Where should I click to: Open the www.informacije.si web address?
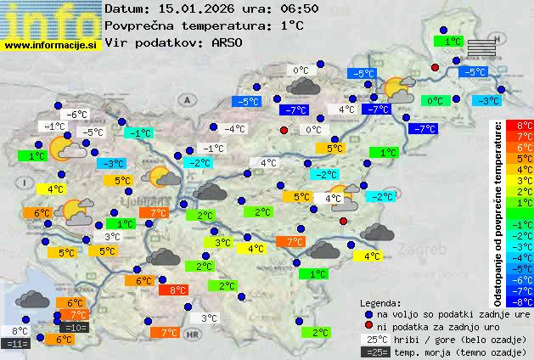pyautogui.click(x=51, y=44)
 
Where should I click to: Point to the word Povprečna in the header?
pyautogui.click(x=141, y=25)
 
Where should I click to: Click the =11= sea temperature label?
pyautogui.click(x=16, y=343)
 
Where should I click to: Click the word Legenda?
pyautogui.click(x=381, y=302)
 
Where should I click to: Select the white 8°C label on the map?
pyautogui.click(x=20, y=330)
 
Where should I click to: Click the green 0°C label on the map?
pyautogui.click(x=436, y=101)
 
